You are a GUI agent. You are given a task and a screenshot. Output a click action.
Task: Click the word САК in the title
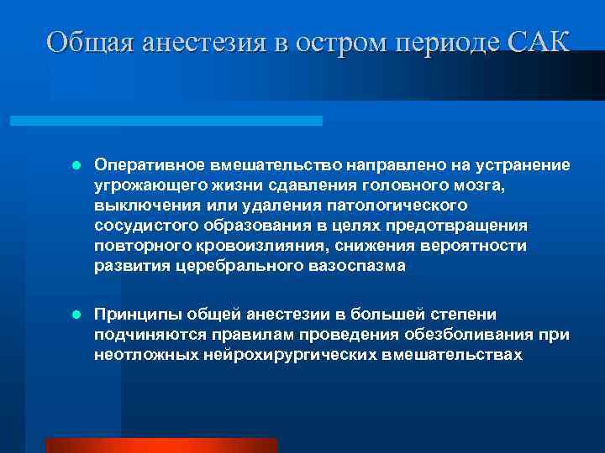(x=539, y=41)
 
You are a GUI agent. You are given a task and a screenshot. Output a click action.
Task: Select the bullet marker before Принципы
(x=75, y=315)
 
